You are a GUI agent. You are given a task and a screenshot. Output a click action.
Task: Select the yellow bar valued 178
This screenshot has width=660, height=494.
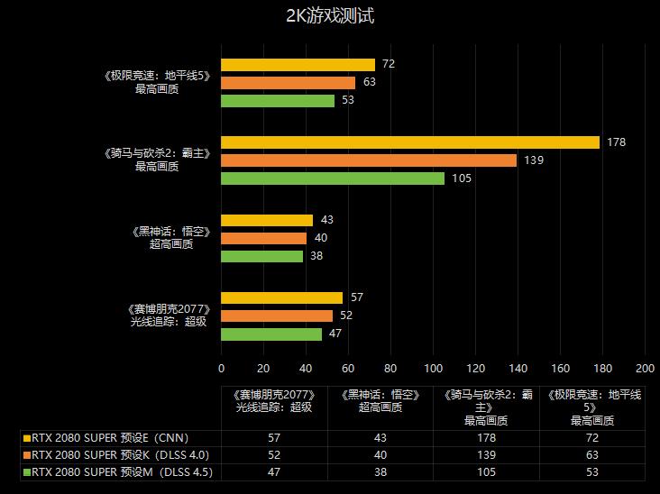click(410, 142)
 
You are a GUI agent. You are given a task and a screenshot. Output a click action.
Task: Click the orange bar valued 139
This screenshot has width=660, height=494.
click(369, 160)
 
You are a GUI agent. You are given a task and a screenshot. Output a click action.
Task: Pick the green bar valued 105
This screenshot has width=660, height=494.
click(333, 178)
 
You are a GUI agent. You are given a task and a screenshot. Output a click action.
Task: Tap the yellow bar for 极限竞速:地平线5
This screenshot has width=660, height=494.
click(298, 64)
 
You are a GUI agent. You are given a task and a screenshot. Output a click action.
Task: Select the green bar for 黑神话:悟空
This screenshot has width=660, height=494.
click(261, 256)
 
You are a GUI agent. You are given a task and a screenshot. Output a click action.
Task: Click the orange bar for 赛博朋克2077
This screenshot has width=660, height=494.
click(276, 316)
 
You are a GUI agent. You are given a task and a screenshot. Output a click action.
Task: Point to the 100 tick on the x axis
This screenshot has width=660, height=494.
click(433, 368)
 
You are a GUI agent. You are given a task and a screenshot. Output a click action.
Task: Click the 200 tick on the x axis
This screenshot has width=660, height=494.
click(645, 368)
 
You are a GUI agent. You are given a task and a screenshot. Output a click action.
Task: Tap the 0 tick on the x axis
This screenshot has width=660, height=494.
click(222, 368)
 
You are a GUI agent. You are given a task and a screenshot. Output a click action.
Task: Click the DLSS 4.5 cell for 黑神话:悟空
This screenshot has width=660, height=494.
click(380, 471)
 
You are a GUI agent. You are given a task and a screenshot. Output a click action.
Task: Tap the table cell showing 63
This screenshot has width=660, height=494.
click(591, 454)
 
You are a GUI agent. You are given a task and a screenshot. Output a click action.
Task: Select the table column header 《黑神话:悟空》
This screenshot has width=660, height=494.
click(380, 401)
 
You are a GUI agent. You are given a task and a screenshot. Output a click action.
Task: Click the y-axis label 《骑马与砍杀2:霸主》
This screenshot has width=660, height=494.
click(157, 154)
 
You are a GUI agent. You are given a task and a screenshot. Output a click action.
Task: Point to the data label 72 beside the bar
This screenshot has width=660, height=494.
click(389, 64)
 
